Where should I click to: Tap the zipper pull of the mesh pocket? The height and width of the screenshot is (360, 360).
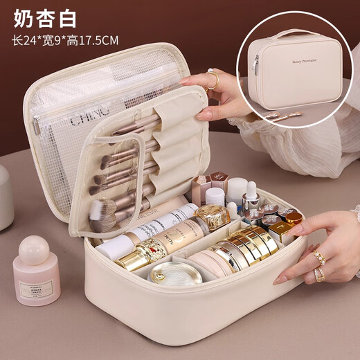pos(37,125)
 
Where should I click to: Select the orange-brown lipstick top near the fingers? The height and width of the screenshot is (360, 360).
pos(294,218)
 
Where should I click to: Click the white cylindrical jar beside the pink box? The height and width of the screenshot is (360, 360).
pos(237,190)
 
